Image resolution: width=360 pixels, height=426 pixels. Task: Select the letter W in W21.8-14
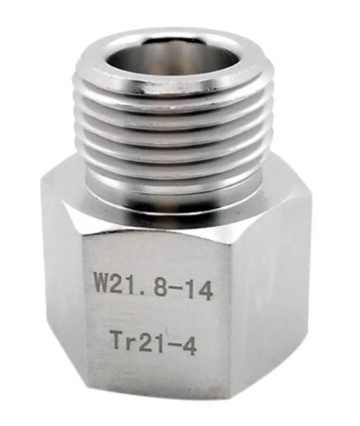[101, 282]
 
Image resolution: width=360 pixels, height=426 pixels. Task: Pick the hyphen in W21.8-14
[180, 283]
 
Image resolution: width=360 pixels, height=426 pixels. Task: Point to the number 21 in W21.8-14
[128, 282]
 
